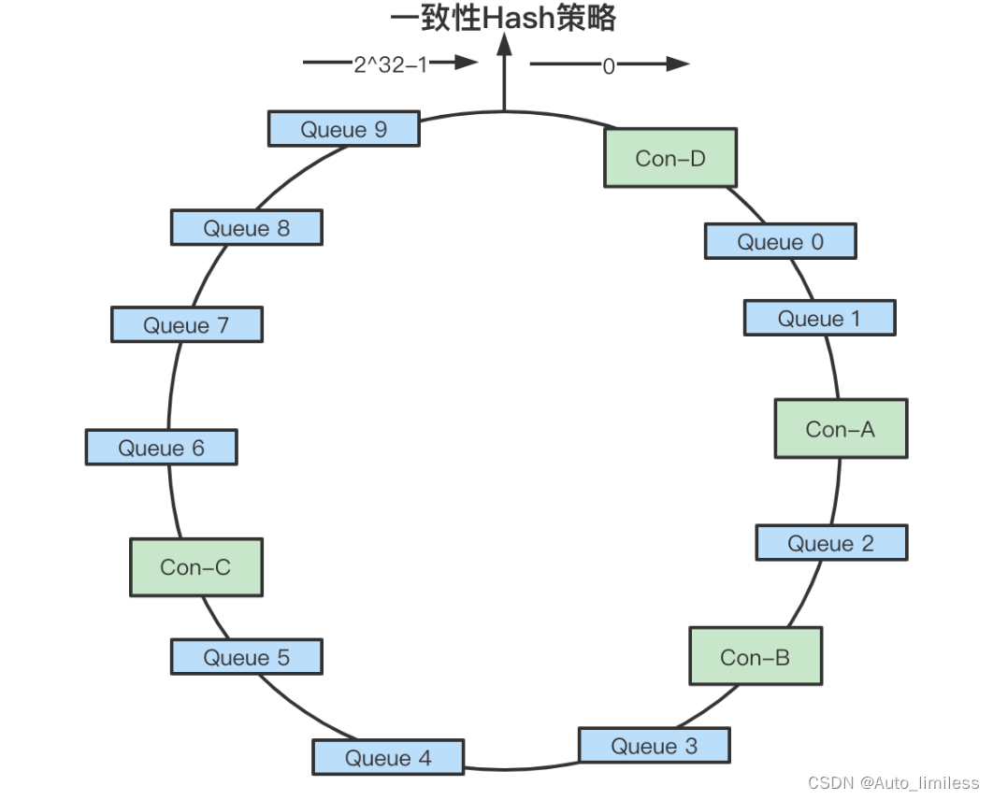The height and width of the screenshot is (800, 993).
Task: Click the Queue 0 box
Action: click(x=779, y=241)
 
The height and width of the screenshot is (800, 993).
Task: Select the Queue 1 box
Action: click(x=819, y=318)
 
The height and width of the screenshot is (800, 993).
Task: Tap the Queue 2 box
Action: click(x=830, y=543)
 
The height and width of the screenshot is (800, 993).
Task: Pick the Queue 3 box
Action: click(x=654, y=746)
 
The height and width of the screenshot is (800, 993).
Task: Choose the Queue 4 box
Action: click(x=387, y=758)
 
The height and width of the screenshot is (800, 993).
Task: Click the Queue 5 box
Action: click(x=246, y=657)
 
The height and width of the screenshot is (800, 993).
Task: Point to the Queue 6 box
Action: click(x=161, y=448)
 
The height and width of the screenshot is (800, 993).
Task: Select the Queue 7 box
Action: click(x=186, y=324)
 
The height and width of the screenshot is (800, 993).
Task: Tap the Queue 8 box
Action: click(x=246, y=227)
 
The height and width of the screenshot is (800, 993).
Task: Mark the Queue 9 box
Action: click(x=343, y=129)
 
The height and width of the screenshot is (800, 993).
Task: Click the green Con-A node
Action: click(x=840, y=429)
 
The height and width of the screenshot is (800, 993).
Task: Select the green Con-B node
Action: click(x=755, y=657)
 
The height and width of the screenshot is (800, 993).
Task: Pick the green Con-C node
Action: click(x=195, y=567)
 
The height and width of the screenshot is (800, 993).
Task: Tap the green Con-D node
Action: click(x=669, y=158)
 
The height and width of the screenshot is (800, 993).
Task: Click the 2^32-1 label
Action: click(x=390, y=65)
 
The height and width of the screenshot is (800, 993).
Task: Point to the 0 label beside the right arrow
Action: click(x=609, y=66)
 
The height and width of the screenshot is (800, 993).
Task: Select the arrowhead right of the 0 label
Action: click(x=678, y=64)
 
